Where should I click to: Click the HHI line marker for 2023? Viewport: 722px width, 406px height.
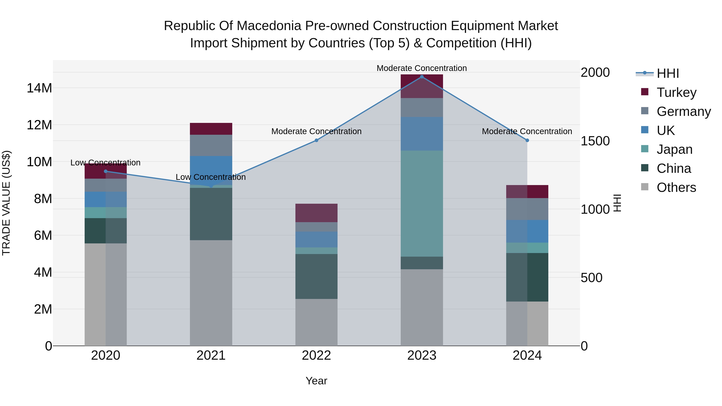pos(422,77)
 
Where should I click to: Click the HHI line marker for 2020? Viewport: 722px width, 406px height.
pos(106,171)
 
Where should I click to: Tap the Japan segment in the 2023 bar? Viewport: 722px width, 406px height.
pos(422,204)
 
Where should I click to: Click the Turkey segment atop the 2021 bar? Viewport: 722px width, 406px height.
pos(211,129)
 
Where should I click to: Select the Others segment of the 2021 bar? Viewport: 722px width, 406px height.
pos(211,293)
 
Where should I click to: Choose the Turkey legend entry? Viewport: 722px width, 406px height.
pos(676,92)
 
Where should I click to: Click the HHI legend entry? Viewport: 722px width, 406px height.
pos(668,73)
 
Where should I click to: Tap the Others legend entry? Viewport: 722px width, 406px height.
pos(676,187)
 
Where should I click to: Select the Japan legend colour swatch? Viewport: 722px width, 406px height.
pos(645,149)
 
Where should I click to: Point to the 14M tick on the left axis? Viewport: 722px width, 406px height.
pos(39,88)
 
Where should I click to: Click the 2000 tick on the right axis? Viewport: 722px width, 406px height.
pos(595,72)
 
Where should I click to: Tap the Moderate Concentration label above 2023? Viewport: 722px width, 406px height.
pos(422,68)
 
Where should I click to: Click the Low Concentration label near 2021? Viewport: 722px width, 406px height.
pos(211,177)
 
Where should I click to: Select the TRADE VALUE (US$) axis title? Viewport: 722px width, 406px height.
pos(6,203)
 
